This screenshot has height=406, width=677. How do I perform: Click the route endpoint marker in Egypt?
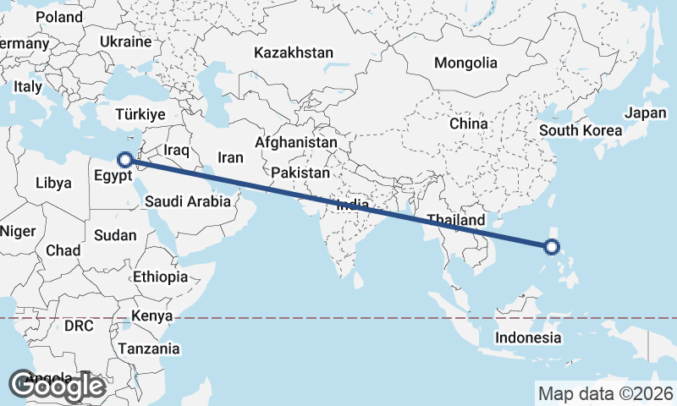click(x=124, y=159)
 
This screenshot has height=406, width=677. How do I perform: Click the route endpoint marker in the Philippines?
click(x=552, y=248)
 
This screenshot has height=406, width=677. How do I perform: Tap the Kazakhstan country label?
click(x=294, y=52)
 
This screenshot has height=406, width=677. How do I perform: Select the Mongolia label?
click(x=465, y=63)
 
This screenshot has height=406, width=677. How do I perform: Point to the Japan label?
click(x=646, y=112)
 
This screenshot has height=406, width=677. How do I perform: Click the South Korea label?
click(x=581, y=130)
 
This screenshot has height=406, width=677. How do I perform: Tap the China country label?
click(x=469, y=123)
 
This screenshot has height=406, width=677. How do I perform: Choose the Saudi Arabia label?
click(x=187, y=201)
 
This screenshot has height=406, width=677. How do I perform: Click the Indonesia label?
click(x=528, y=337)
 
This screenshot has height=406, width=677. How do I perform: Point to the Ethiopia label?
click(x=160, y=277)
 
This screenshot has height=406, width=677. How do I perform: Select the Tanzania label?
click(x=149, y=348)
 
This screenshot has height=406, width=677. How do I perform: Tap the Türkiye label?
click(x=140, y=114)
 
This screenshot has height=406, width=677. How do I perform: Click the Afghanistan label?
click(x=295, y=143)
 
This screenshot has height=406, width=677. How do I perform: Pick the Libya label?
click(x=54, y=183)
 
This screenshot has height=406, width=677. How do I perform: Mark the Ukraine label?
click(x=125, y=41)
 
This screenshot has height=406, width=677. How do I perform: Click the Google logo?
click(x=57, y=386)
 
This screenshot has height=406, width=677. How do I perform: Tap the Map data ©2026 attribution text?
click(x=606, y=393)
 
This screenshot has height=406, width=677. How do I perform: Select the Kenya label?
click(x=151, y=316)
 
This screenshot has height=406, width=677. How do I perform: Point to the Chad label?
click(x=63, y=250)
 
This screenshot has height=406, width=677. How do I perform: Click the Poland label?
click(x=58, y=17)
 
